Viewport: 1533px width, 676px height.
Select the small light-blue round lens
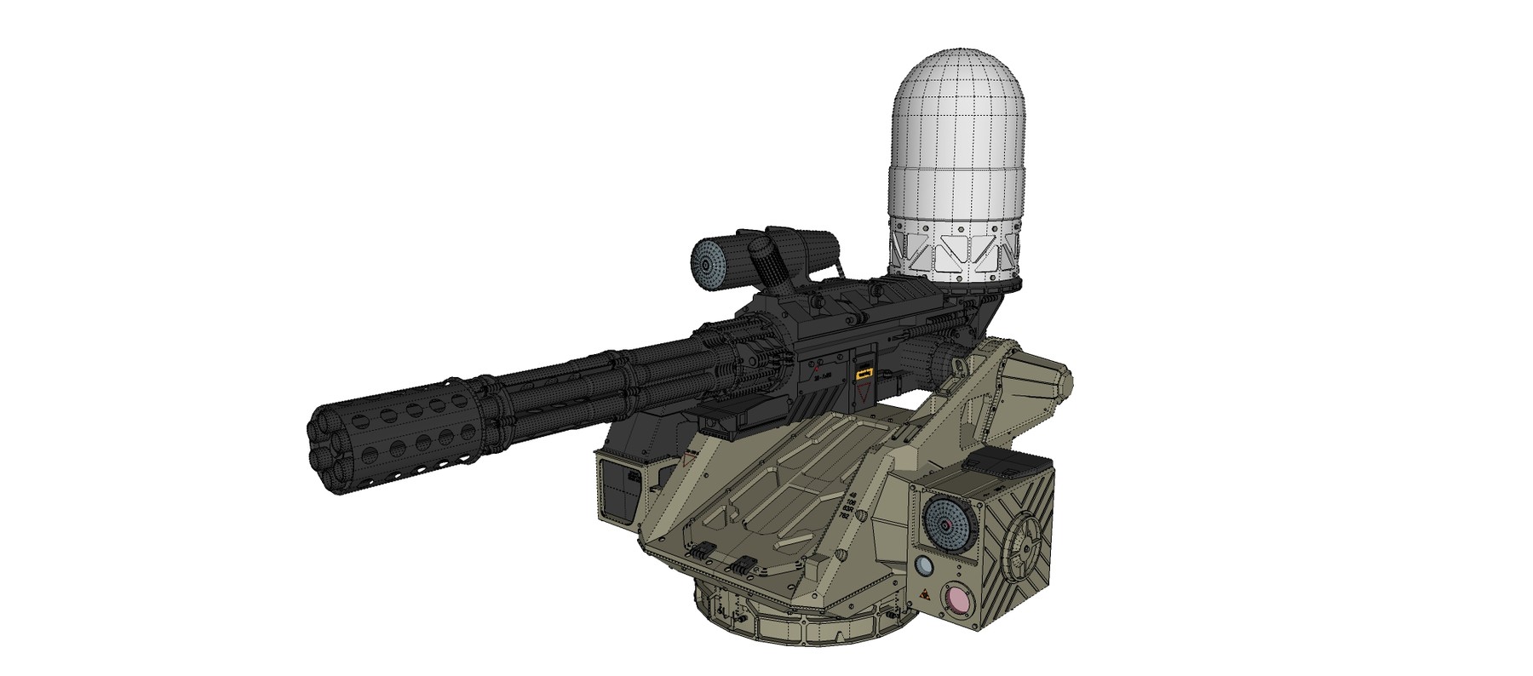pos(925,567)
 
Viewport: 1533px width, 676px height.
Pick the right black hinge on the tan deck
pos(749,564)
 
